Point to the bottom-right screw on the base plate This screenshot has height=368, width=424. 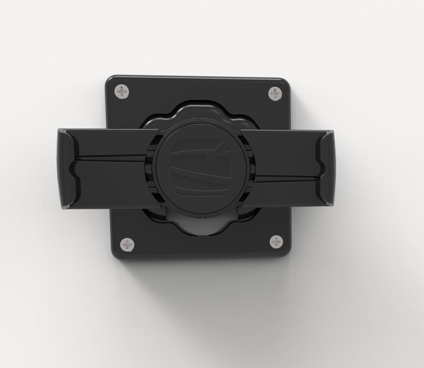pyautogui.click(x=276, y=241)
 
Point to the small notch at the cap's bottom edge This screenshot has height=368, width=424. pyautogui.click(x=200, y=218)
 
